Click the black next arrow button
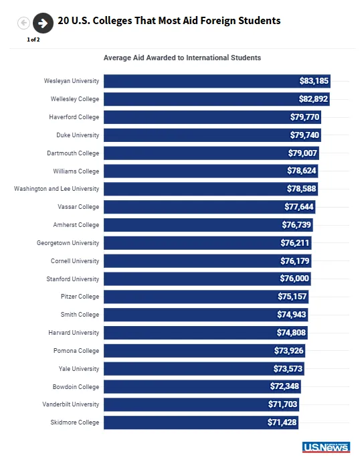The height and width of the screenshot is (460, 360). point(43,23)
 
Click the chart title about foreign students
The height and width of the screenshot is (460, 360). point(169,21)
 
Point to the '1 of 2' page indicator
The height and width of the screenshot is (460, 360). point(33,40)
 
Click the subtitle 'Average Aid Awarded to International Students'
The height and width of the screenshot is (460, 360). point(182,58)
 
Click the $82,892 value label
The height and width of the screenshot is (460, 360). point(313,99)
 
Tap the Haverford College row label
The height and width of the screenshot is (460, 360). point(74,117)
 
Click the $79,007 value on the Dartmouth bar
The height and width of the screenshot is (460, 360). point(302,153)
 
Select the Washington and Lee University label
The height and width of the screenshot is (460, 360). point(56,189)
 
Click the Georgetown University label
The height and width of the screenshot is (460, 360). point(68,243)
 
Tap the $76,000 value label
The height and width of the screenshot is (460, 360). point(294,279)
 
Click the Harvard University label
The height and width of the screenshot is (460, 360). point(74,333)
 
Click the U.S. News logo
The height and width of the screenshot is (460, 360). point(326,447)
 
